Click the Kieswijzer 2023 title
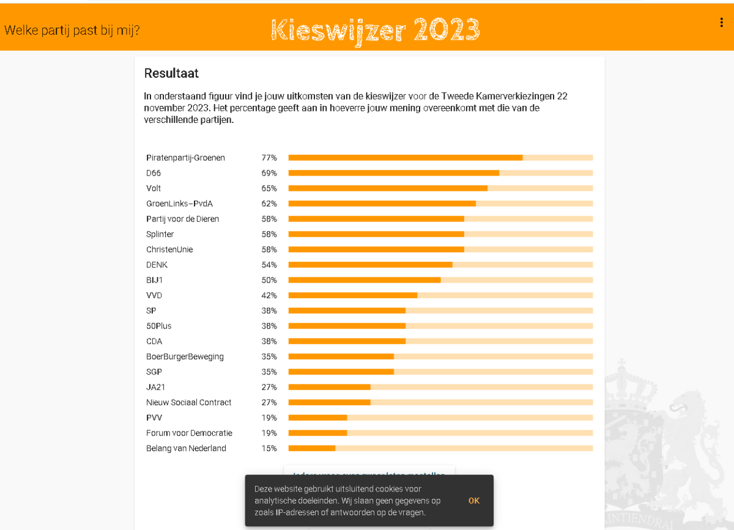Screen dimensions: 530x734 (x=375, y=29)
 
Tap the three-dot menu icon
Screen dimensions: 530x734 (x=722, y=23)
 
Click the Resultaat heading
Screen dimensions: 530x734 (x=171, y=73)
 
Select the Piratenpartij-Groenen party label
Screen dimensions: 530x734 (x=185, y=158)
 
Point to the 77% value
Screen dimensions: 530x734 (x=269, y=158)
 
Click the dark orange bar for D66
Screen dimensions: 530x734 (x=393, y=173)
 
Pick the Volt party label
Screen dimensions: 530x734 (x=154, y=188)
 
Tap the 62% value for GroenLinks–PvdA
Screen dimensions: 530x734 (x=269, y=204)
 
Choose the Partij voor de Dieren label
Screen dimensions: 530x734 (x=182, y=219)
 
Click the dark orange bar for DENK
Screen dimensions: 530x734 (x=370, y=265)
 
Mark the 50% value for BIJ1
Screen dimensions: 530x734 (x=269, y=280)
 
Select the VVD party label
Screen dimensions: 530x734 (x=154, y=296)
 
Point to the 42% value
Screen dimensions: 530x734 (x=269, y=296)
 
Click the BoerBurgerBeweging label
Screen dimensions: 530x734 (x=185, y=357)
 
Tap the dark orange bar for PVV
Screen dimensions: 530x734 (x=317, y=418)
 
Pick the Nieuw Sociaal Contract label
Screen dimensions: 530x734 (x=188, y=403)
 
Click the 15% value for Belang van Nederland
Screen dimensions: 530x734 (x=269, y=449)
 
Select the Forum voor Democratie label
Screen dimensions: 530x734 (x=189, y=433)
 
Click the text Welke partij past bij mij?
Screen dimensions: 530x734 (x=72, y=29)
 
